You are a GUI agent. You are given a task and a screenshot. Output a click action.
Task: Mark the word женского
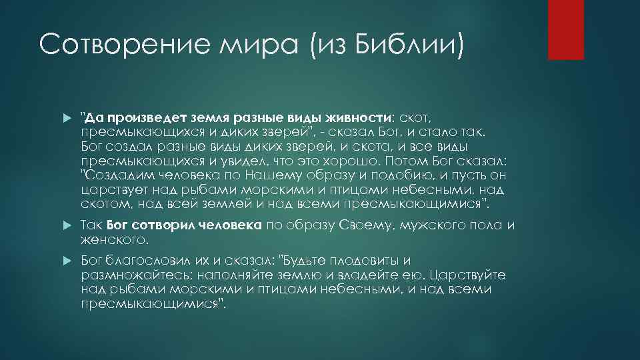point(113,239)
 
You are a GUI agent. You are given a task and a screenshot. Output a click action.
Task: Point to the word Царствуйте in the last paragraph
point(468,275)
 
